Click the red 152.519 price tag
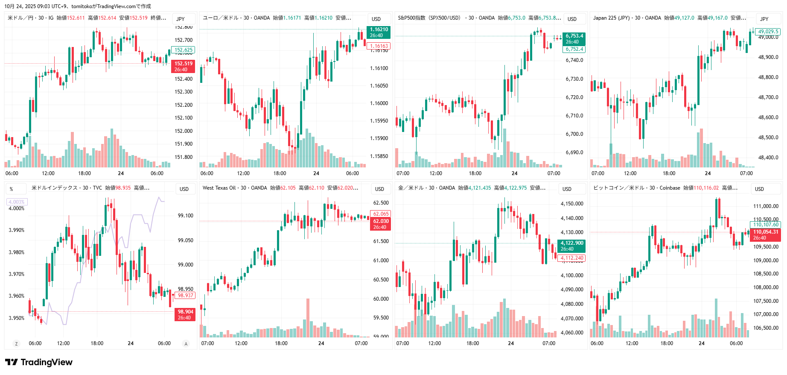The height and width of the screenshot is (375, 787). tap(184, 66)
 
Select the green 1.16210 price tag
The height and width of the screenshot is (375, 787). tap(379, 32)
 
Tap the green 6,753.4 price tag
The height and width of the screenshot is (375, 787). tap(574, 39)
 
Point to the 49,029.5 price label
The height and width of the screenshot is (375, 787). tap(769, 32)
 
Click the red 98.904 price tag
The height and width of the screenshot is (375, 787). tap(185, 314)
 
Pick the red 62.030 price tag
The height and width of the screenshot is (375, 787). tap(381, 224)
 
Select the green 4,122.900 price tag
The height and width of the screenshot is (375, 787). tap(571, 246)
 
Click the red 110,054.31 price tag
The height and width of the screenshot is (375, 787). tap(766, 234)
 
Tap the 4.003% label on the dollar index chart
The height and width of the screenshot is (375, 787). tap(17, 202)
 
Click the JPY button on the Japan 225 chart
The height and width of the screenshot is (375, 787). tap(764, 19)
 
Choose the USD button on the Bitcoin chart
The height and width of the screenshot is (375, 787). tap(759, 189)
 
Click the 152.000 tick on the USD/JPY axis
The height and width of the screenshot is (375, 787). tap(184, 131)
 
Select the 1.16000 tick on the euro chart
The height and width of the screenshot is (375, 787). tap(379, 103)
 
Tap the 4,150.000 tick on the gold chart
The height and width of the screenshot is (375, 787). tap(572, 204)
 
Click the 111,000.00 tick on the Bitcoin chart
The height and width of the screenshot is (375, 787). tap(766, 206)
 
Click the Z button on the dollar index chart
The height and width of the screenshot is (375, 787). tap(17, 343)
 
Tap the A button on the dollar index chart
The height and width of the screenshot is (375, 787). tap(186, 343)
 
